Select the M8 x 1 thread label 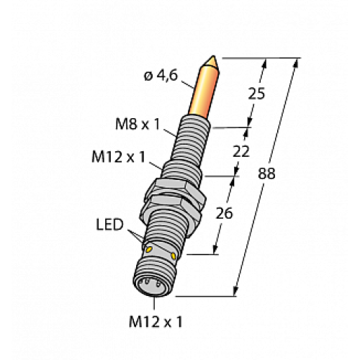tap(138, 123)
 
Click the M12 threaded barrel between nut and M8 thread tap(181, 173)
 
